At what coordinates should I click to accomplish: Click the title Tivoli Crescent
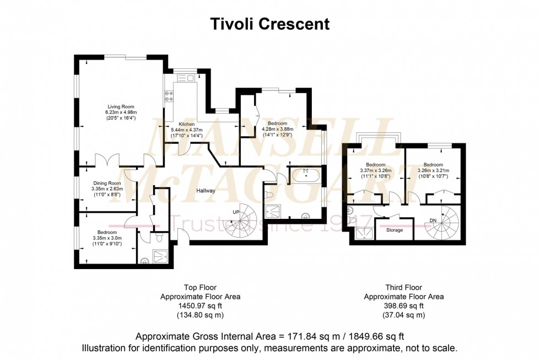(270, 24)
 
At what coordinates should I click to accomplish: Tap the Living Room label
(120, 107)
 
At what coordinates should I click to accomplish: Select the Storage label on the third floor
(394, 230)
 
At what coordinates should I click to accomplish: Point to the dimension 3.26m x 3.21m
(433, 170)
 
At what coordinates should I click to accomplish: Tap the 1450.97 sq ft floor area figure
(200, 306)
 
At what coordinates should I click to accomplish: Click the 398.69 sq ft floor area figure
(404, 306)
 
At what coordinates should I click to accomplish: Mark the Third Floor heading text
(404, 287)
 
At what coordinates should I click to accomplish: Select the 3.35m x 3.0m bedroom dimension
(106, 238)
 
